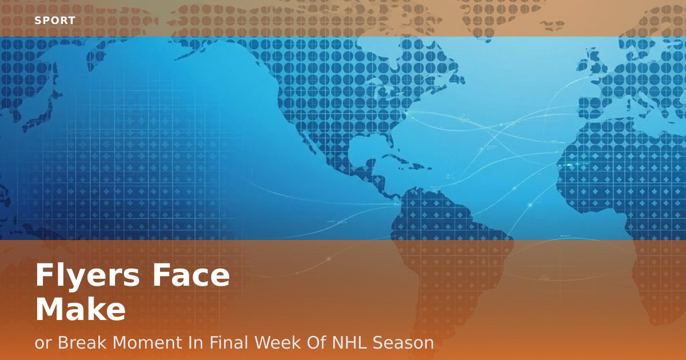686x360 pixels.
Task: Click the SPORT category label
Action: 55,21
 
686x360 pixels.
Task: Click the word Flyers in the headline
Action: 87,276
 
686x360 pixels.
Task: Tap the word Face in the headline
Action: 191,275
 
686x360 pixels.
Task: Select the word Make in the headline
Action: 81,309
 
